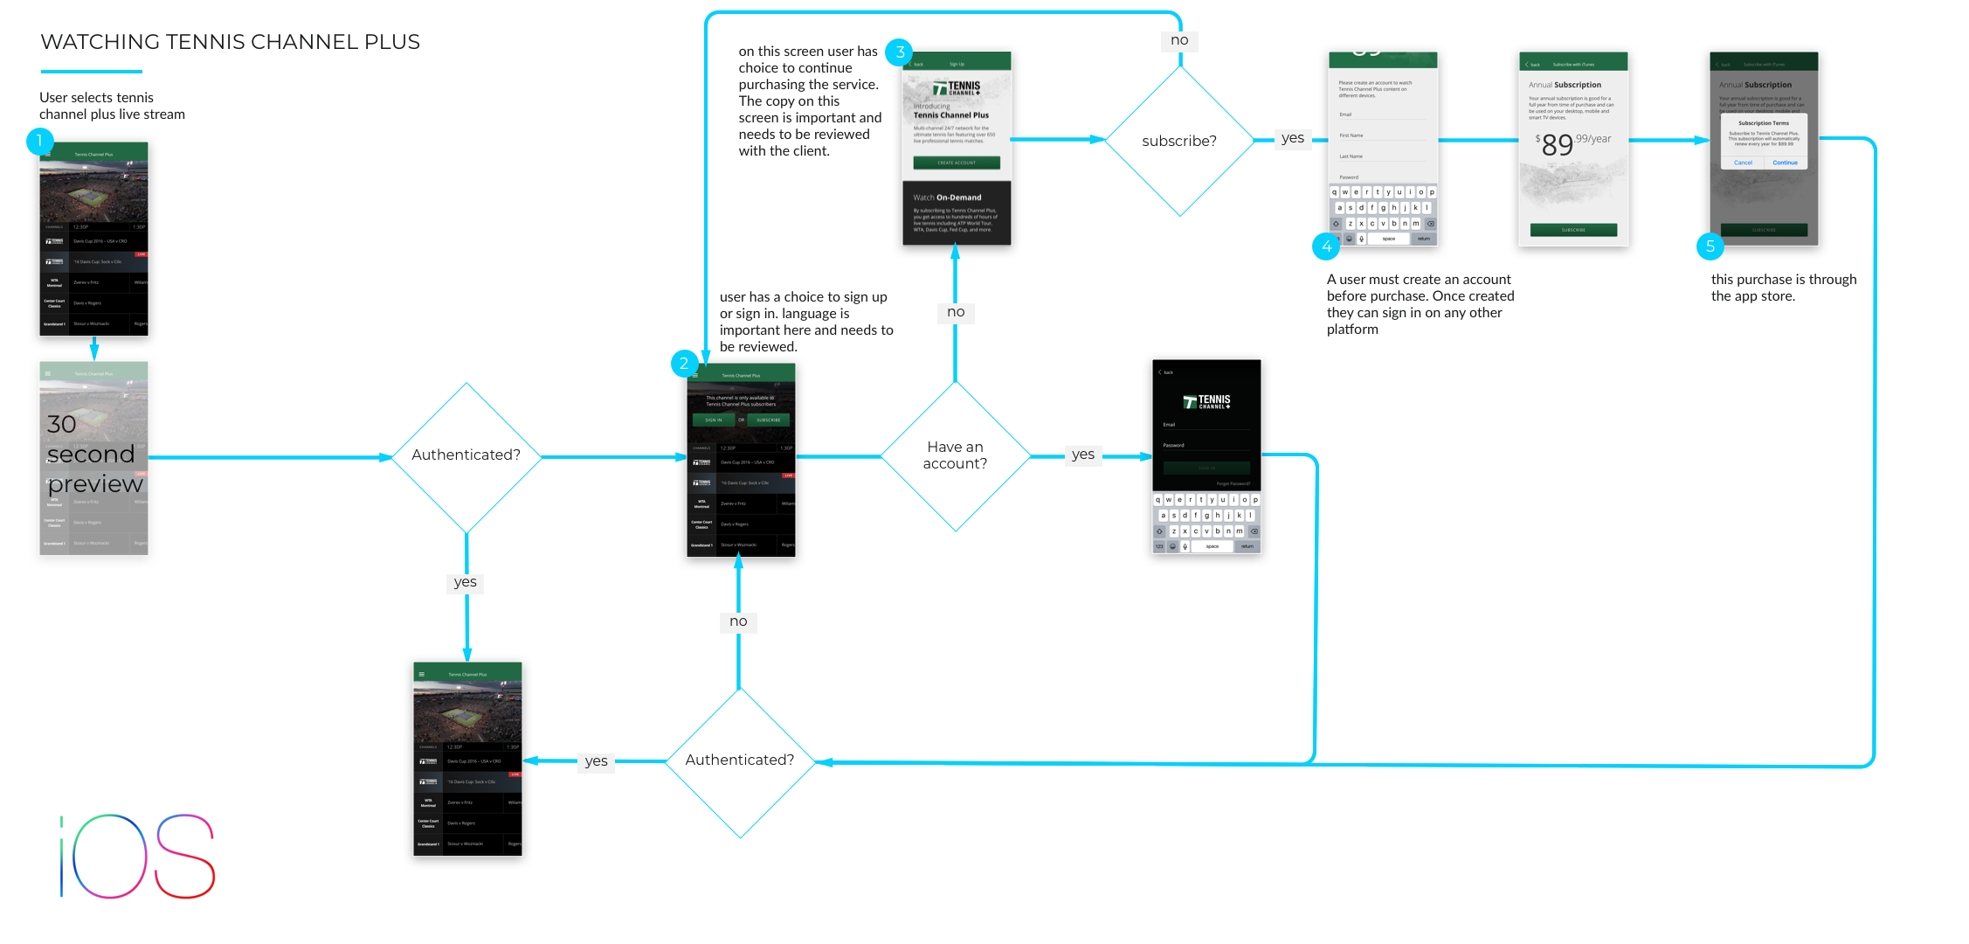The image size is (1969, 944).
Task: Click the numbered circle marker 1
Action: pos(39,141)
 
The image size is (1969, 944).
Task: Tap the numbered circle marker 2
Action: pos(684,364)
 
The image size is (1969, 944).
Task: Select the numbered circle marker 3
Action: pos(899,52)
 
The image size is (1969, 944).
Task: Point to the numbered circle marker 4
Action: pos(1326,246)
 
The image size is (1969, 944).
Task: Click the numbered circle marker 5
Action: pos(1710,246)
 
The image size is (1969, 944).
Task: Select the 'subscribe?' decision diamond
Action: pos(1179,141)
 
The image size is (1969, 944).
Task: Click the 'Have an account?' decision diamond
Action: pos(955,455)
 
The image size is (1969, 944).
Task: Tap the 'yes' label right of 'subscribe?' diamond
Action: pos(1292,138)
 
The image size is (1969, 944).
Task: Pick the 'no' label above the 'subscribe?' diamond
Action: pos(1179,40)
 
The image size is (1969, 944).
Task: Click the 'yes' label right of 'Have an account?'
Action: pos(1082,455)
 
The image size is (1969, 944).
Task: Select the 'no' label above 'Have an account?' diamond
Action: pos(956,312)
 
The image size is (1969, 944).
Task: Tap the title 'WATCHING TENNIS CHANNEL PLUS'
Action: pos(230,42)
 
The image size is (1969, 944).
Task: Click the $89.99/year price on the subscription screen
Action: pos(1572,142)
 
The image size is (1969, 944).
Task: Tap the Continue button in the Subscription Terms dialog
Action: pos(1785,163)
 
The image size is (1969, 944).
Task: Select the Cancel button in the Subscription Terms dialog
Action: pos(1743,163)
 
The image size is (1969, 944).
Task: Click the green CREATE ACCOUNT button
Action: pos(957,163)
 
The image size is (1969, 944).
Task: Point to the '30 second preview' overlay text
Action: pos(93,454)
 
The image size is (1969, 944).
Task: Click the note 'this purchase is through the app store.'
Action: pos(1783,288)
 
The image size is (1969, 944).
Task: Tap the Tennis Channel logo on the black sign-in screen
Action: pos(1206,402)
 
